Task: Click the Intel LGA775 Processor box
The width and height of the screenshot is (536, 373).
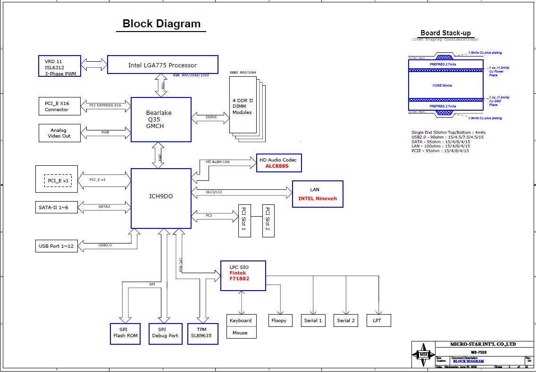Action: point(163,65)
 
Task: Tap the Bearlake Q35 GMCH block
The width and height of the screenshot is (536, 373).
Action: point(161,120)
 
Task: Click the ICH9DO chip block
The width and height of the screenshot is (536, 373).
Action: point(161,198)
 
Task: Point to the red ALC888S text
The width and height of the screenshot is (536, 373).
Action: point(277,166)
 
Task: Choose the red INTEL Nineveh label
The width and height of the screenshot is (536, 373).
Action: point(318,198)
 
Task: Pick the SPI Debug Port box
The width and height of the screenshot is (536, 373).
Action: point(166,333)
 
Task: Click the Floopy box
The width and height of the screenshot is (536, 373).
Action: point(279,320)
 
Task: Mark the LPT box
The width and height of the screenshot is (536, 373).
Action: point(377,320)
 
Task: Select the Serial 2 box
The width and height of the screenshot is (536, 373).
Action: point(346,320)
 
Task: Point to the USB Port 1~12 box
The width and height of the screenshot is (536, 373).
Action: point(57,246)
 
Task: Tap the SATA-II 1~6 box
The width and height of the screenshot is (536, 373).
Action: point(57,207)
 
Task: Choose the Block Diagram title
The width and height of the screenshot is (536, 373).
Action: point(161,24)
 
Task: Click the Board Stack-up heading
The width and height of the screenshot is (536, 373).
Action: point(445,33)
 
